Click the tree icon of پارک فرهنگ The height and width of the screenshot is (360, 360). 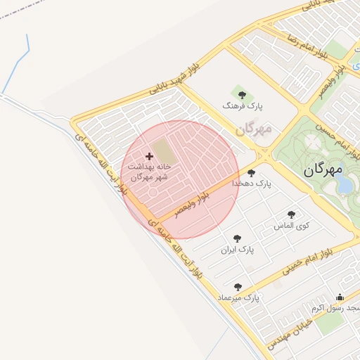pyautogui.click(x=243, y=94)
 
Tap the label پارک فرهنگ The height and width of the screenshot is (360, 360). pyautogui.click(x=242, y=105)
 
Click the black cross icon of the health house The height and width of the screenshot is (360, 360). pyautogui.click(x=149, y=156)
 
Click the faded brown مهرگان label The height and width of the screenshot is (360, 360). pyautogui.click(x=253, y=129)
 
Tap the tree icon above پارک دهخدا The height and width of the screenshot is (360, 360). pyautogui.click(x=251, y=172)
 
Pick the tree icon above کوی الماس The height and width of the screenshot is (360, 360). pyautogui.click(x=291, y=214)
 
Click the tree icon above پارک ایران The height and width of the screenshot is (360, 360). pyautogui.click(x=237, y=238)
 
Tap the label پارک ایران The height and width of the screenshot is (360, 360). pyautogui.click(x=237, y=250)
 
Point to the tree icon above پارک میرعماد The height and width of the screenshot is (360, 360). pyautogui.click(x=238, y=287)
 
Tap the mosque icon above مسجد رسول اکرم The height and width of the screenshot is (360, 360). pyautogui.click(x=340, y=297)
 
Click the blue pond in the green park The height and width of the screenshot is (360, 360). pyautogui.click(x=345, y=185)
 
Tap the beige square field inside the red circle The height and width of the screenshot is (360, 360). pyautogui.click(x=162, y=150)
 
